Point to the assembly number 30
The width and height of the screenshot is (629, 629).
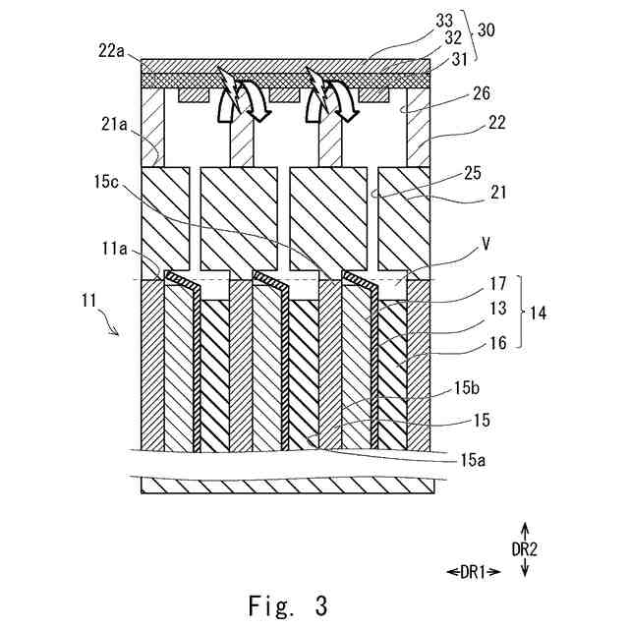point(488,31)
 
